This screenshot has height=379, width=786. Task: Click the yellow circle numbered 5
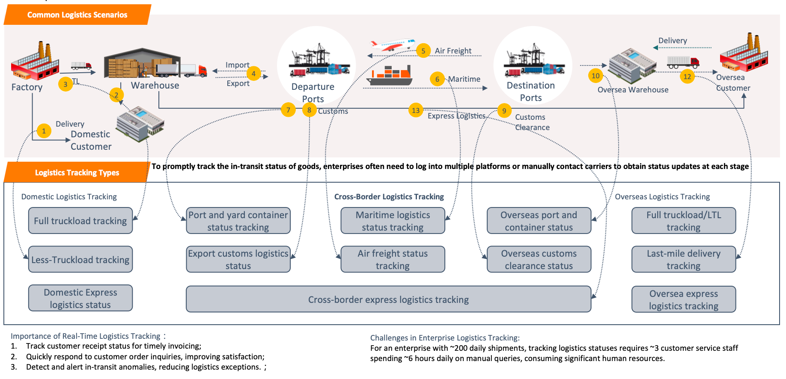pos(423,51)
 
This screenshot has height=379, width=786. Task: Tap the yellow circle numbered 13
pos(416,110)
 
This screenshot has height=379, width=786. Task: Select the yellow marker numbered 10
pos(595,76)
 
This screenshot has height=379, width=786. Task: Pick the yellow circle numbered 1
pos(44,131)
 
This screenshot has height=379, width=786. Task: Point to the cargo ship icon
pos(390,76)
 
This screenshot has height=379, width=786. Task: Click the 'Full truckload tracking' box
pos(80,221)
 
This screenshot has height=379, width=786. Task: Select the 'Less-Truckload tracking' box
pos(80,259)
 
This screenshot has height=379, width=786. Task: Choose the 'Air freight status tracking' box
pos(393,259)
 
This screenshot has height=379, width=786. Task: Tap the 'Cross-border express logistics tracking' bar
pos(388,299)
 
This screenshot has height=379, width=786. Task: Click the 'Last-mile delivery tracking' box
pos(683,259)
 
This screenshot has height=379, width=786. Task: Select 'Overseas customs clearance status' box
pos(539,259)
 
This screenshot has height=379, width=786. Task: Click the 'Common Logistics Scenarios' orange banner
pos(77,15)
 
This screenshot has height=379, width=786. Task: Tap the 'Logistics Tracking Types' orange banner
pos(77,172)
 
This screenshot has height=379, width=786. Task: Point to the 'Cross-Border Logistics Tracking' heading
pos(389,197)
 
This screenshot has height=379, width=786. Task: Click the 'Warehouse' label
pos(155,86)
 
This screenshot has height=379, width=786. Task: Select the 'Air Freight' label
pos(453,51)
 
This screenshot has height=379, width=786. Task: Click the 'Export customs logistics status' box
pos(238,259)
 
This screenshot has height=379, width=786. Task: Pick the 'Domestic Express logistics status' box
pos(80,298)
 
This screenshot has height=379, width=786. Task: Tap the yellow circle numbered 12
pos(687,77)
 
